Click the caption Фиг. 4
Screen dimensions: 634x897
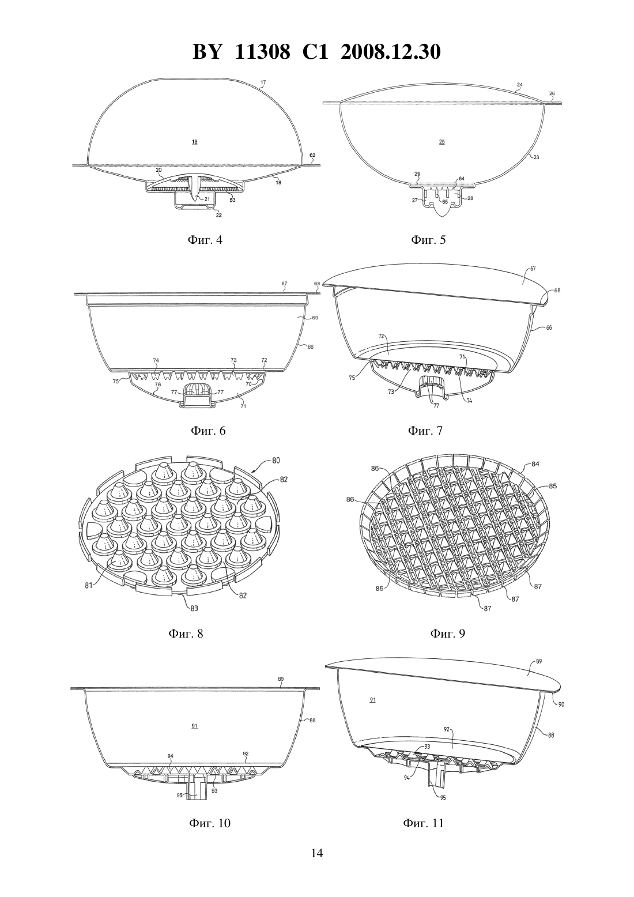(x=205, y=240)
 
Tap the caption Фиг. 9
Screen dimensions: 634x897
(x=447, y=633)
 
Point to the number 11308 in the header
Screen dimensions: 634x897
(x=262, y=52)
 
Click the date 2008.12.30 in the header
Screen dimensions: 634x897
(x=391, y=52)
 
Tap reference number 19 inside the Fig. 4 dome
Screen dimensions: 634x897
(x=195, y=141)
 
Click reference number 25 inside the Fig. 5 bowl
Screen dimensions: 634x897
(x=441, y=141)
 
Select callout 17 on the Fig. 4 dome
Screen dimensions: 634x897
(x=263, y=82)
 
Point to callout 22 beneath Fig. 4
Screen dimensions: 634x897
(x=218, y=215)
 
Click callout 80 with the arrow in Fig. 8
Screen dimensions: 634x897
(x=276, y=461)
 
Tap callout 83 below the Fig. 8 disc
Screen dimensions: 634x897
(x=195, y=608)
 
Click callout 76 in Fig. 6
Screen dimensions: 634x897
(x=158, y=385)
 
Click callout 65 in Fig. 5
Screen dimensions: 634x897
(x=445, y=202)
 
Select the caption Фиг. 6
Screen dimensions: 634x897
(x=207, y=431)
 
